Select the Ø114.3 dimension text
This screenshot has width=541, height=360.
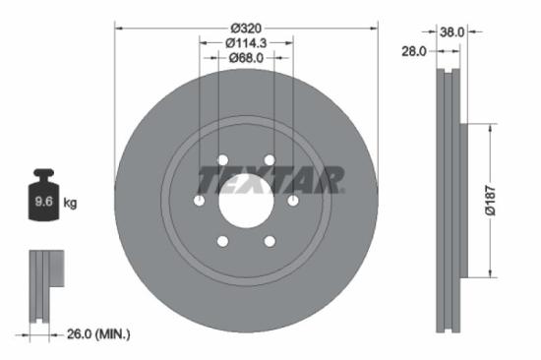point(246,42)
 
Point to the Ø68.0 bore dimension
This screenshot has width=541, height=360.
point(246,57)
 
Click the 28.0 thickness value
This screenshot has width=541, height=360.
point(413,50)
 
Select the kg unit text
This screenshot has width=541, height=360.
point(70,203)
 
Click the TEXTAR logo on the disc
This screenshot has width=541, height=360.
point(270,180)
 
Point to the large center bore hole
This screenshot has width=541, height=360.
point(246,201)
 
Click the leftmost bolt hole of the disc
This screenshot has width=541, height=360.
point(200,201)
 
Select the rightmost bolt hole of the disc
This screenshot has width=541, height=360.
point(292,201)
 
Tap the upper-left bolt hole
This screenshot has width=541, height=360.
point(222,160)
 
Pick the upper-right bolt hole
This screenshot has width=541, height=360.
point(269,160)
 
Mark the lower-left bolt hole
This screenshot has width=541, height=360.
point(222,241)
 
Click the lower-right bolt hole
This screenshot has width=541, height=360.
point(269,241)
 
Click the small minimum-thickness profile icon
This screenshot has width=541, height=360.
point(44,286)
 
